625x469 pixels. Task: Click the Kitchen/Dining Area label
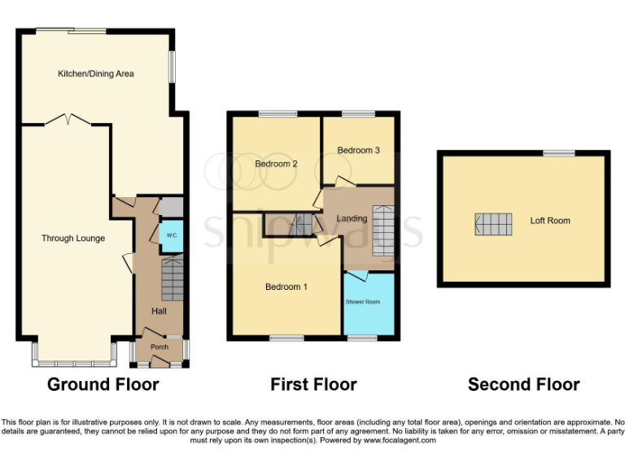(x=95, y=74)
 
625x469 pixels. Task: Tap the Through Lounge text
(x=74, y=239)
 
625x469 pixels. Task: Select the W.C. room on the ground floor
(x=172, y=235)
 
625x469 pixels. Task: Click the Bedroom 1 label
(x=286, y=287)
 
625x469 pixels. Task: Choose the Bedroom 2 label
(x=276, y=164)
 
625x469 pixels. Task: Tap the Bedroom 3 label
(x=358, y=151)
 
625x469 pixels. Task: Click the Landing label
(x=352, y=218)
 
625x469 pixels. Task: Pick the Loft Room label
(x=550, y=221)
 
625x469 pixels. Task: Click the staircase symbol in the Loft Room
(x=494, y=224)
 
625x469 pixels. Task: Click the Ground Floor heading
(x=103, y=384)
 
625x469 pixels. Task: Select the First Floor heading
(x=313, y=384)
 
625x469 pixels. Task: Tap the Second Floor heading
(x=523, y=384)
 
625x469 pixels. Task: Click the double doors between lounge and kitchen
(x=67, y=121)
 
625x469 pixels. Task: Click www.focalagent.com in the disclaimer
(x=400, y=440)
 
